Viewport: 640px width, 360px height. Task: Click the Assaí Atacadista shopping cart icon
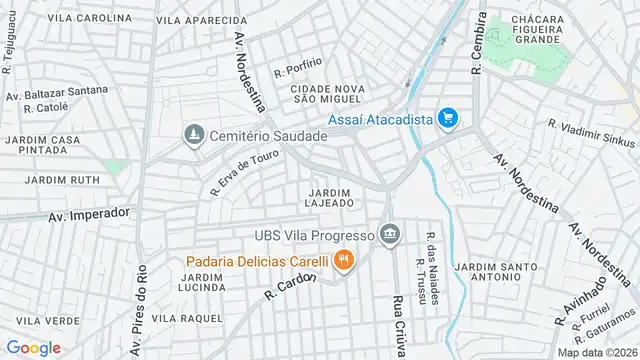tap(448, 119)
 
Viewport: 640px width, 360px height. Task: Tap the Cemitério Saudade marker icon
tap(191, 134)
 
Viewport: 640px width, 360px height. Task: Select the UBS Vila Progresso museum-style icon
tap(390, 236)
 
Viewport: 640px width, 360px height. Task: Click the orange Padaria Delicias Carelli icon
tap(343, 262)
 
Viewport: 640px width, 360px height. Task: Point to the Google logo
tap(33, 348)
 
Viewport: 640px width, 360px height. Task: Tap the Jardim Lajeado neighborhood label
tap(330, 197)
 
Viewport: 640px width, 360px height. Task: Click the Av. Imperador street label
tap(89, 214)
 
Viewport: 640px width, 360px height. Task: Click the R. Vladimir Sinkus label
tap(591, 133)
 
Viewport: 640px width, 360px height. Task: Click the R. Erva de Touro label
tap(244, 177)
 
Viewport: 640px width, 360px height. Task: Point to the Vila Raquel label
tap(187, 317)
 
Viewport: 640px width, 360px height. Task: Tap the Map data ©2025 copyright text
tap(596, 352)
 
